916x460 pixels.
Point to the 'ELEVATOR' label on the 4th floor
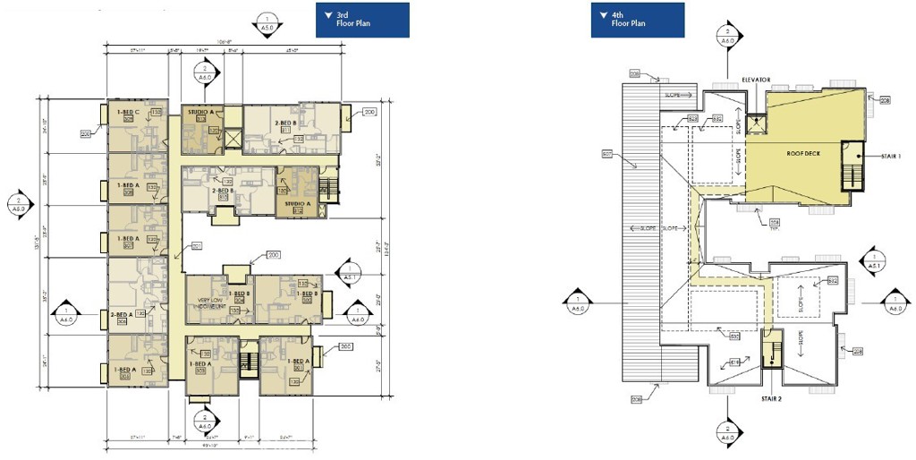click(756, 80)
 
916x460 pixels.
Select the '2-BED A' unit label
click(123, 315)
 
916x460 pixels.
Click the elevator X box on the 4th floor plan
click(756, 123)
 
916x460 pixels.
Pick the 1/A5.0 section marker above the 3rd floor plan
click(266, 23)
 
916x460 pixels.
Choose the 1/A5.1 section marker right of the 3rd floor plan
click(346, 273)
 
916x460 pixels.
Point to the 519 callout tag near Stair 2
click(734, 362)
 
